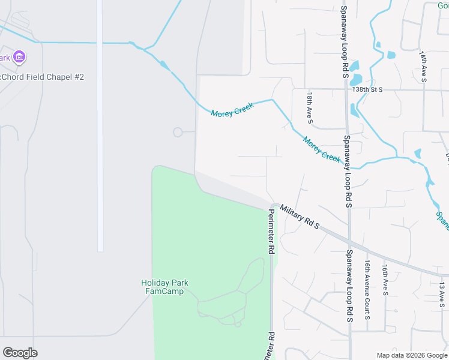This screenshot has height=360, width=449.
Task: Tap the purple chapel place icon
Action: tap(20, 58)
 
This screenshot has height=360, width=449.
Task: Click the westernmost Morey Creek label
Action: tap(232, 110)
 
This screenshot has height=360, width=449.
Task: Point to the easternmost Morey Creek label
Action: tap(322, 149)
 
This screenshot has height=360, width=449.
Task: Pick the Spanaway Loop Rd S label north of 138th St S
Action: tap(345, 36)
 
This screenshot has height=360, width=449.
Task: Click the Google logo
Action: tap(20, 353)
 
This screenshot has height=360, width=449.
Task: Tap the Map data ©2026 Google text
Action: tap(411, 355)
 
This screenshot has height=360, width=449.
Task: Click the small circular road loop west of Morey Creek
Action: tap(178, 132)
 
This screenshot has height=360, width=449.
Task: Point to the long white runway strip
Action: tap(100, 126)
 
